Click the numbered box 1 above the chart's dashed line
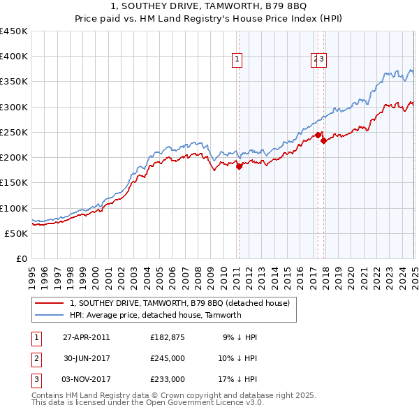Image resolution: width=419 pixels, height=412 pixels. pyautogui.click(x=238, y=60)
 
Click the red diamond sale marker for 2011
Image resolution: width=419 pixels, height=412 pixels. pyautogui.click(x=239, y=166)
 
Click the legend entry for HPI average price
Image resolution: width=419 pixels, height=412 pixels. pyautogui.click(x=155, y=315)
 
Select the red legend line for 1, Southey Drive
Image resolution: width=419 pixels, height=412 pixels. pyautogui.click(x=49, y=303)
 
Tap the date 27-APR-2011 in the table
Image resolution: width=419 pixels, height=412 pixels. pyautogui.click(x=86, y=337)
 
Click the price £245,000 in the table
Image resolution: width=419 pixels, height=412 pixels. pyautogui.click(x=168, y=358)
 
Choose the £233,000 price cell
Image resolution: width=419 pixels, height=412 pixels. pyautogui.click(x=168, y=379)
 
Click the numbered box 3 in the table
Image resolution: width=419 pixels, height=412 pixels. pyautogui.click(x=36, y=379)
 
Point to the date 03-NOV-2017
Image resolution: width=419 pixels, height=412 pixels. pyautogui.click(x=86, y=379)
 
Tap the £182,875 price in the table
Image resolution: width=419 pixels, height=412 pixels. pyautogui.click(x=168, y=337)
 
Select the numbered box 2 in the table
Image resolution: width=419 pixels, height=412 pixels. pyautogui.click(x=36, y=358)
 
